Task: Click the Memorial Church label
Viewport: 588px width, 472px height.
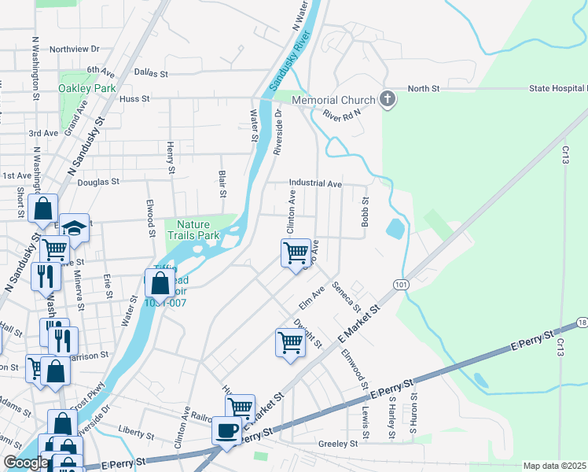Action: click(x=333, y=100)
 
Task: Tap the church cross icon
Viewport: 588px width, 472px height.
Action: click(x=386, y=99)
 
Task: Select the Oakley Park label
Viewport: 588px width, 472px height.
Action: click(x=86, y=88)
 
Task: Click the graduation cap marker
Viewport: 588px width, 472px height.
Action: click(x=74, y=228)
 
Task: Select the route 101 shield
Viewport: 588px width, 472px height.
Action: click(x=401, y=285)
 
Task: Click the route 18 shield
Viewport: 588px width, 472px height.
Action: click(x=581, y=323)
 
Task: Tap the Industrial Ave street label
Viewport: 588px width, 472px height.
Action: click(x=314, y=183)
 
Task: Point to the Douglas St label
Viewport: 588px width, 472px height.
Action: click(x=98, y=181)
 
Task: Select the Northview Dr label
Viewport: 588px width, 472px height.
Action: click(x=75, y=49)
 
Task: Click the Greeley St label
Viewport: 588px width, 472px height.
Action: click(x=338, y=444)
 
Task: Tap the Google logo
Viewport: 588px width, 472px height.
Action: click(x=26, y=463)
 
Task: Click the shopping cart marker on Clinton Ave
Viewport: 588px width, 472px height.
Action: click(x=295, y=253)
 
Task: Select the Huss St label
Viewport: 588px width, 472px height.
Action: click(x=134, y=99)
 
